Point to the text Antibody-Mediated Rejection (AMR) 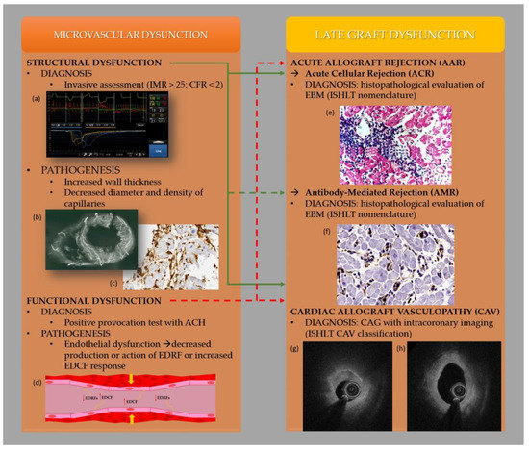383,192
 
